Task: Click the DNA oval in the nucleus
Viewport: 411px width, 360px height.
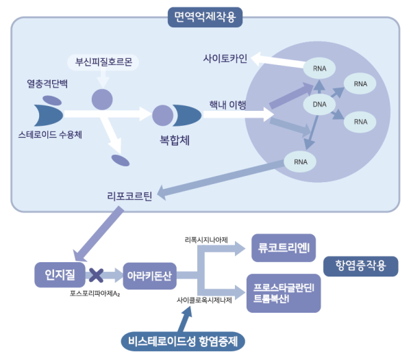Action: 319,104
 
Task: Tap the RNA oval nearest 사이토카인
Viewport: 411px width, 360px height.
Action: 319,68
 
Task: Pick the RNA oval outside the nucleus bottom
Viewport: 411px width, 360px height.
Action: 300,162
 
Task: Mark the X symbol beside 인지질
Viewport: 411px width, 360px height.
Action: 97,276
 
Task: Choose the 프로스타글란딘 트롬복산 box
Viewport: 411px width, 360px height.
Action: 283,293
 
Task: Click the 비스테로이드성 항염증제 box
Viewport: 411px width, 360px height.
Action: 186,340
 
